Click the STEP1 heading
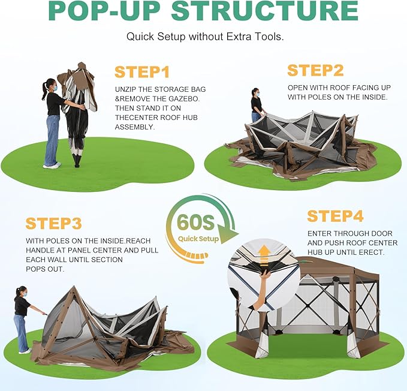pos(142,72)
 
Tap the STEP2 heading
pos(315,70)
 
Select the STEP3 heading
pos(54,223)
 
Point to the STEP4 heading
pos(335,216)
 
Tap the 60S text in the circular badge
pos(196,222)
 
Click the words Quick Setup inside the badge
pos(198,239)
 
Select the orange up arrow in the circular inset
pos(264,256)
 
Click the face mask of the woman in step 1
pos(55,88)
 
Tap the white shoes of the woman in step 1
pos(52,165)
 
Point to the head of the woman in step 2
pos(255,92)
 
